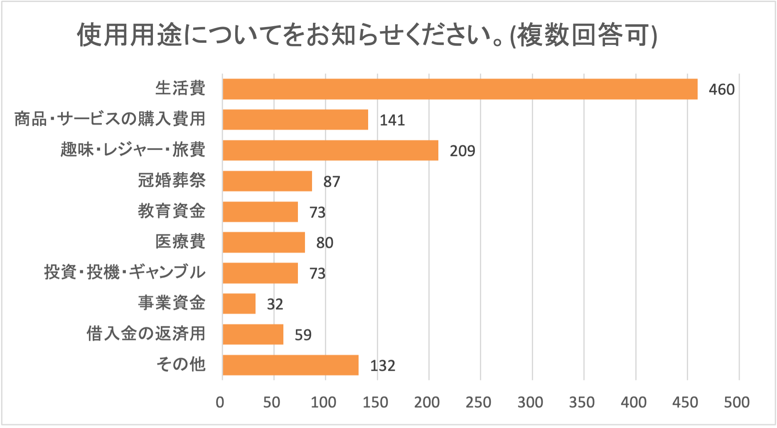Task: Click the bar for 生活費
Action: [460, 89]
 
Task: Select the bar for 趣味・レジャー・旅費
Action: [330, 150]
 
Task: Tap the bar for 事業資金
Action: [239, 303]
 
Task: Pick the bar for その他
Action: [290, 365]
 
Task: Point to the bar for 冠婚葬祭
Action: [267, 181]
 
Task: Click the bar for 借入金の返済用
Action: [253, 334]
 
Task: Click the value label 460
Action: [721, 90]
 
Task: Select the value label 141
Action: [392, 120]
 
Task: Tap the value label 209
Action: [462, 151]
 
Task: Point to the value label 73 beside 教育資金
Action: [317, 213]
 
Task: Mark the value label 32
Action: [275, 304]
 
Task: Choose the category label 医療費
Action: [180, 242]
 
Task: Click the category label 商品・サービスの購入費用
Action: [110, 119]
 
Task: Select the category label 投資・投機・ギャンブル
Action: [125, 272]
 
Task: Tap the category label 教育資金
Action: [172, 211]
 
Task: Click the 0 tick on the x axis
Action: [220, 402]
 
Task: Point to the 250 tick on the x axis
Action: [478, 402]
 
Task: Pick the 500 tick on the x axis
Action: [737, 402]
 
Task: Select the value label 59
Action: [303, 335]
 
